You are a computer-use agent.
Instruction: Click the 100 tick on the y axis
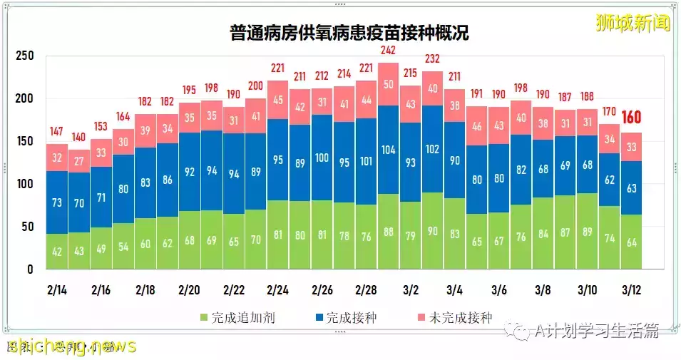pyautogui.click(x=24, y=185)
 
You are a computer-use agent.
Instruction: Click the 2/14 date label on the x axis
pyautogui.click(x=57, y=291)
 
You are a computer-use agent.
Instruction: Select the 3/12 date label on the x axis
pyautogui.click(x=630, y=291)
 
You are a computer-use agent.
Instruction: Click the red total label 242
pyautogui.click(x=388, y=51)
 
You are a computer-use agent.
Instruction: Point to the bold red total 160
pyautogui.click(x=632, y=118)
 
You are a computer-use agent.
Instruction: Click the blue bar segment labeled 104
pyautogui.click(x=388, y=150)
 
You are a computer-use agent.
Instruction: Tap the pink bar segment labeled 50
pyautogui.click(x=388, y=84)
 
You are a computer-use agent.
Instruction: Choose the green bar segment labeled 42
pyautogui.click(x=57, y=252)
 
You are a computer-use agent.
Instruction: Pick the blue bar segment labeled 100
pyautogui.click(x=322, y=158)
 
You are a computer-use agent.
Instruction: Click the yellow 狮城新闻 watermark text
pyautogui.click(x=633, y=23)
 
